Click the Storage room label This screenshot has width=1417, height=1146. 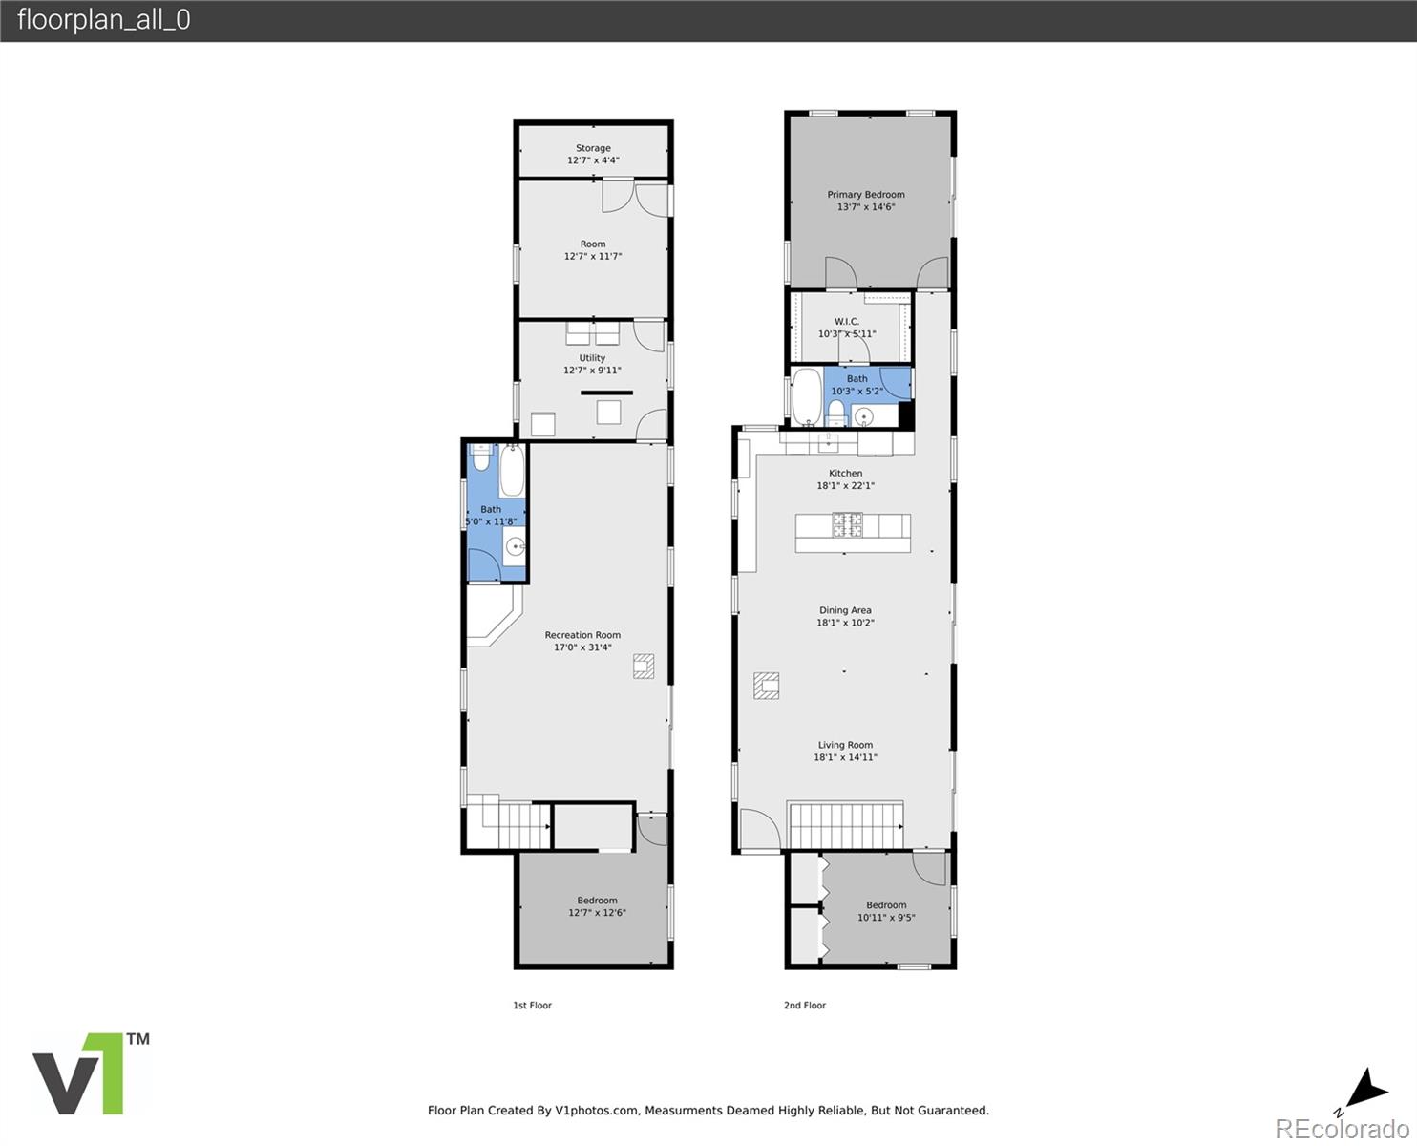click(x=593, y=148)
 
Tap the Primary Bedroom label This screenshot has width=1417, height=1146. click(x=866, y=194)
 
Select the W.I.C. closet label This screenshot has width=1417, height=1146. click(x=847, y=322)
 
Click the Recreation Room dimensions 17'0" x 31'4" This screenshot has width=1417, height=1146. click(x=582, y=647)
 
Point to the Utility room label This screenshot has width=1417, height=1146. click(x=592, y=358)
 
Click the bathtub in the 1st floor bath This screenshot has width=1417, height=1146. click(x=512, y=471)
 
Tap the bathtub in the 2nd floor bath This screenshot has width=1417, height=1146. click(x=806, y=396)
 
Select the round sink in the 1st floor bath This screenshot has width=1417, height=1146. click(x=515, y=547)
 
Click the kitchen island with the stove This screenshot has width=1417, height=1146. click(x=853, y=532)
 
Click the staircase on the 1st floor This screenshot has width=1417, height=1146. click(x=508, y=824)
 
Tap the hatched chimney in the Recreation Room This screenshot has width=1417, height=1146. click(x=644, y=666)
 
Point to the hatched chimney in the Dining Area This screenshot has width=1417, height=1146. click(x=766, y=686)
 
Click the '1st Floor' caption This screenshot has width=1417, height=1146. click(x=532, y=1005)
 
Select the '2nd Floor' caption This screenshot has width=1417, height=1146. click(x=805, y=1005)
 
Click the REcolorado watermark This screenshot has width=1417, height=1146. click(x=1341, y=1128)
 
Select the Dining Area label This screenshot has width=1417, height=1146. click(x=845, y=610)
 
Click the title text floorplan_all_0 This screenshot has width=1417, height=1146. click(x=103, y=20)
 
